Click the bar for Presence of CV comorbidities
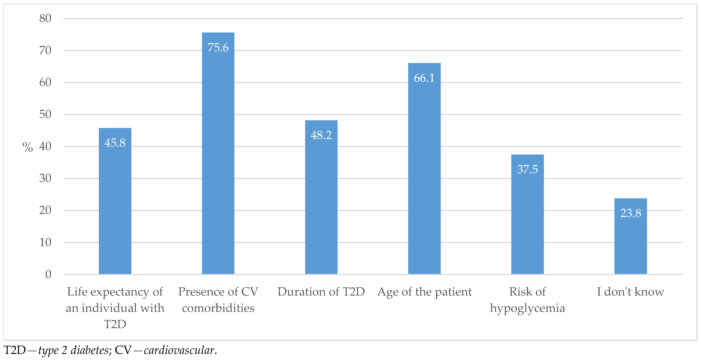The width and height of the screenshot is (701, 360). pyautogui.click(x=218, y=163)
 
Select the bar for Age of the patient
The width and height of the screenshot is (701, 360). pyautogui.click(x=424, y=177)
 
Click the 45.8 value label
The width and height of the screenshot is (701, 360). pyautogui.click(x=115, y=143)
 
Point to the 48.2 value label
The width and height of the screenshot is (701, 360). pyautogui.click(x=321, y=135)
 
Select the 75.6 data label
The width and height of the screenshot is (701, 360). pyautogui.click(x=218, y=48)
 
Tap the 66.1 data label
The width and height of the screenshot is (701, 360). pyautogui.click(x=424, y=78)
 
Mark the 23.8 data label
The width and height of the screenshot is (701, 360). pyautogui.click(x=631, y=213)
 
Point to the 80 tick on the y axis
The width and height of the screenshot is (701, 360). pyautogui.click(x=45, y=19)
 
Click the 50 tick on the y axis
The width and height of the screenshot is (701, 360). pyautogui.click(x=45, y=115)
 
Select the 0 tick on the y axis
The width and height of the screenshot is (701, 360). pyautogui.click(x=48, y=274)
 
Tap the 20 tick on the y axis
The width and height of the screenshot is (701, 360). pyautogui.click(x=45, y=210)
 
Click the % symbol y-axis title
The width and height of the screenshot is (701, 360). pyautogui.click(x=27, y=147)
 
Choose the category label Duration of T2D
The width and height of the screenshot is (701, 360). pyautogui.click(x=321, y=292)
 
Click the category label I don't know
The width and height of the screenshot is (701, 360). pyautogui.click(x=631, y=292)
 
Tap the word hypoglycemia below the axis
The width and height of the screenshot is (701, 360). pyautogui.click(x=527, y=308)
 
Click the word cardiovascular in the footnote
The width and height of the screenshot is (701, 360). pyautogui.click(x=179, y=350)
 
